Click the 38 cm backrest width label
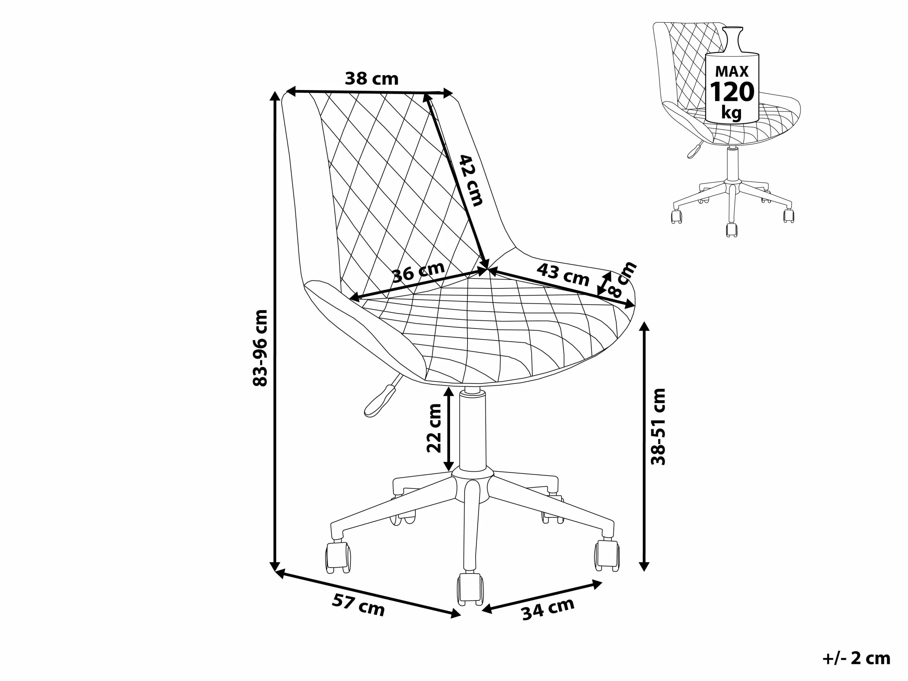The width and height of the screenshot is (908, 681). (x=371, y=78)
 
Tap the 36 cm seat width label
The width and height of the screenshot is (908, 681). (x=418, y=272)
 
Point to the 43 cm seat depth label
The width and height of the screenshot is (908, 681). (x=563, y=275)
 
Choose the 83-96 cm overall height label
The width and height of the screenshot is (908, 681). (x=260, y=348)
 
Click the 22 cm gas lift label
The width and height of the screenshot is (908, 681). (x=434, y=428)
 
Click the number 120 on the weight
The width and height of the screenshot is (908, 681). (x=732, y=92)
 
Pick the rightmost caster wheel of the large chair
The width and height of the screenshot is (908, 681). (x=607, y=555)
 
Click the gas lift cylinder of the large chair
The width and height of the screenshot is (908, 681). (x=472, y=431)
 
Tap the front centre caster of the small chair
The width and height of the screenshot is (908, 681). (x=731, y=229)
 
